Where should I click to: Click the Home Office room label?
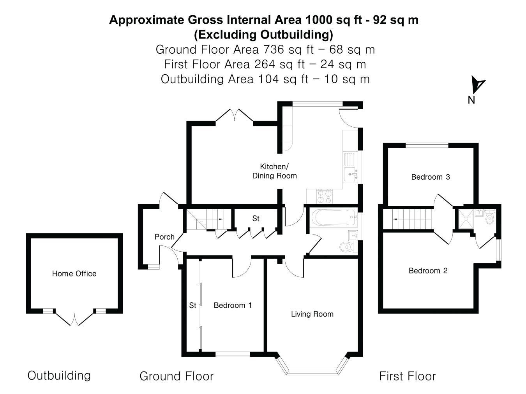(74, 273)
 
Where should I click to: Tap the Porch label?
(164, 237)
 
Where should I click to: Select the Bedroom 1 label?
(233, 305)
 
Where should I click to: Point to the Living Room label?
(312, 314)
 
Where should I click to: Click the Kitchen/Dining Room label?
(274, 171)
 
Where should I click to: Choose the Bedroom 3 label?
(431, 177)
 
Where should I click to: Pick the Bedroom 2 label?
(428, 271)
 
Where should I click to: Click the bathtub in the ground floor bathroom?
(334, 217)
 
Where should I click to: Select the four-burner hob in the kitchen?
(325, 196)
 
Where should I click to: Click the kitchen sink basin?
(351, 175)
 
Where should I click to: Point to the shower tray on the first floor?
(466, 219)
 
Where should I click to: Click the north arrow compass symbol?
(477, 84)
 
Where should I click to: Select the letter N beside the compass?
(471, 100)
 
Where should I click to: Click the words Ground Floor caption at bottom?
(177, 376)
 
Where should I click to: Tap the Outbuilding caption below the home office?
(59, 376)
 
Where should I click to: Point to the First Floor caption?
(408, 376)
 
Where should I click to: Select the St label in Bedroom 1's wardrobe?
(192, 305)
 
